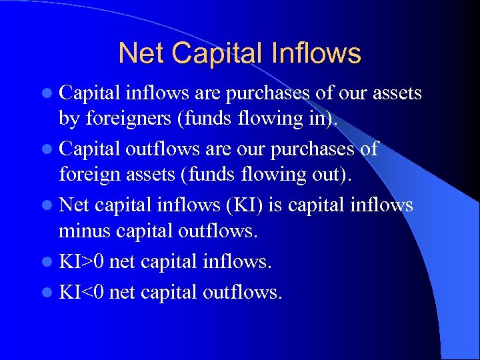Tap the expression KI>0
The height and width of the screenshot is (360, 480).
pyautogui.click(x=81, y=262)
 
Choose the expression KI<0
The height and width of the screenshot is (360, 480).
pyautogui.click(x=81, y=291)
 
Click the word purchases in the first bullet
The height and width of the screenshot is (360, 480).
pyautogui.click(x=267, y=94)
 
